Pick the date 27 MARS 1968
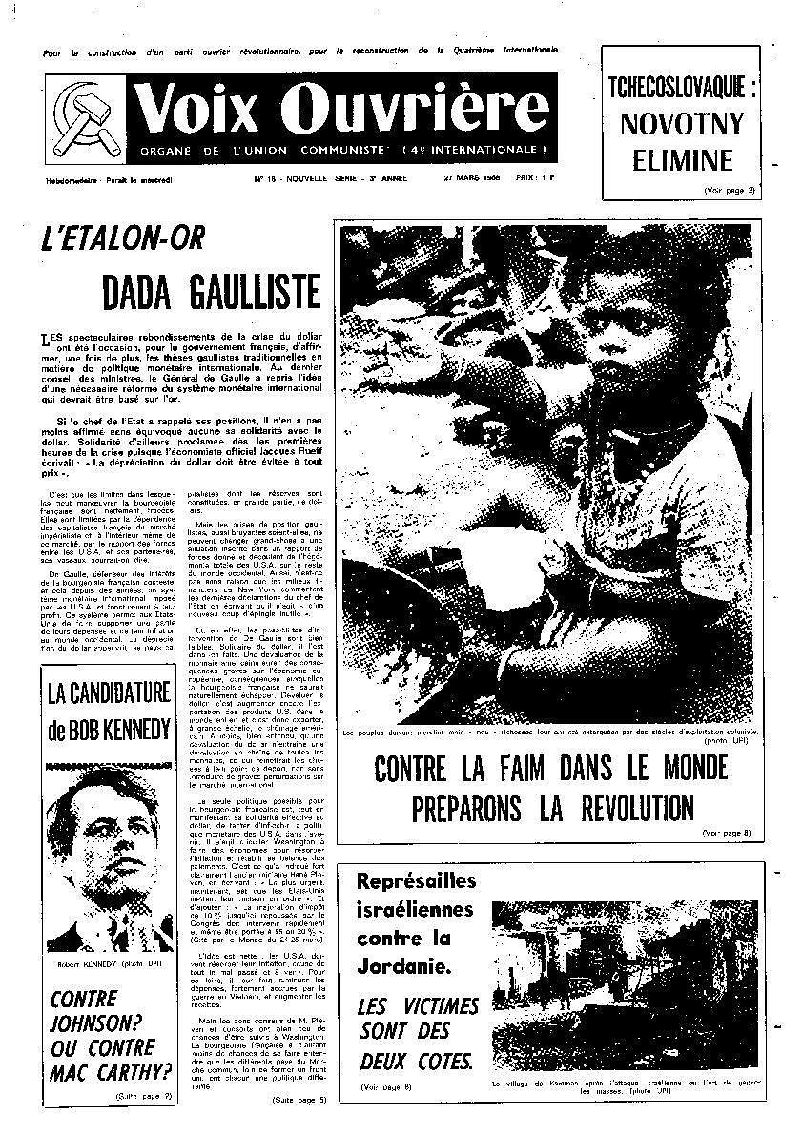[474, 178]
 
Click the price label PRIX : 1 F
[534, 178]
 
